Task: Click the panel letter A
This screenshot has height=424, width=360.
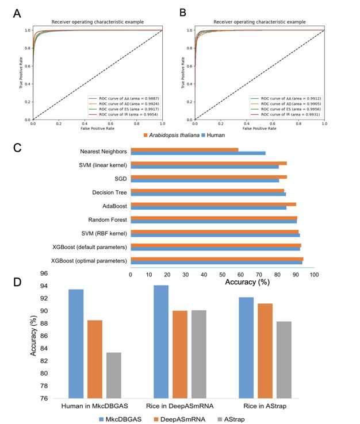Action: coord(18,12)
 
